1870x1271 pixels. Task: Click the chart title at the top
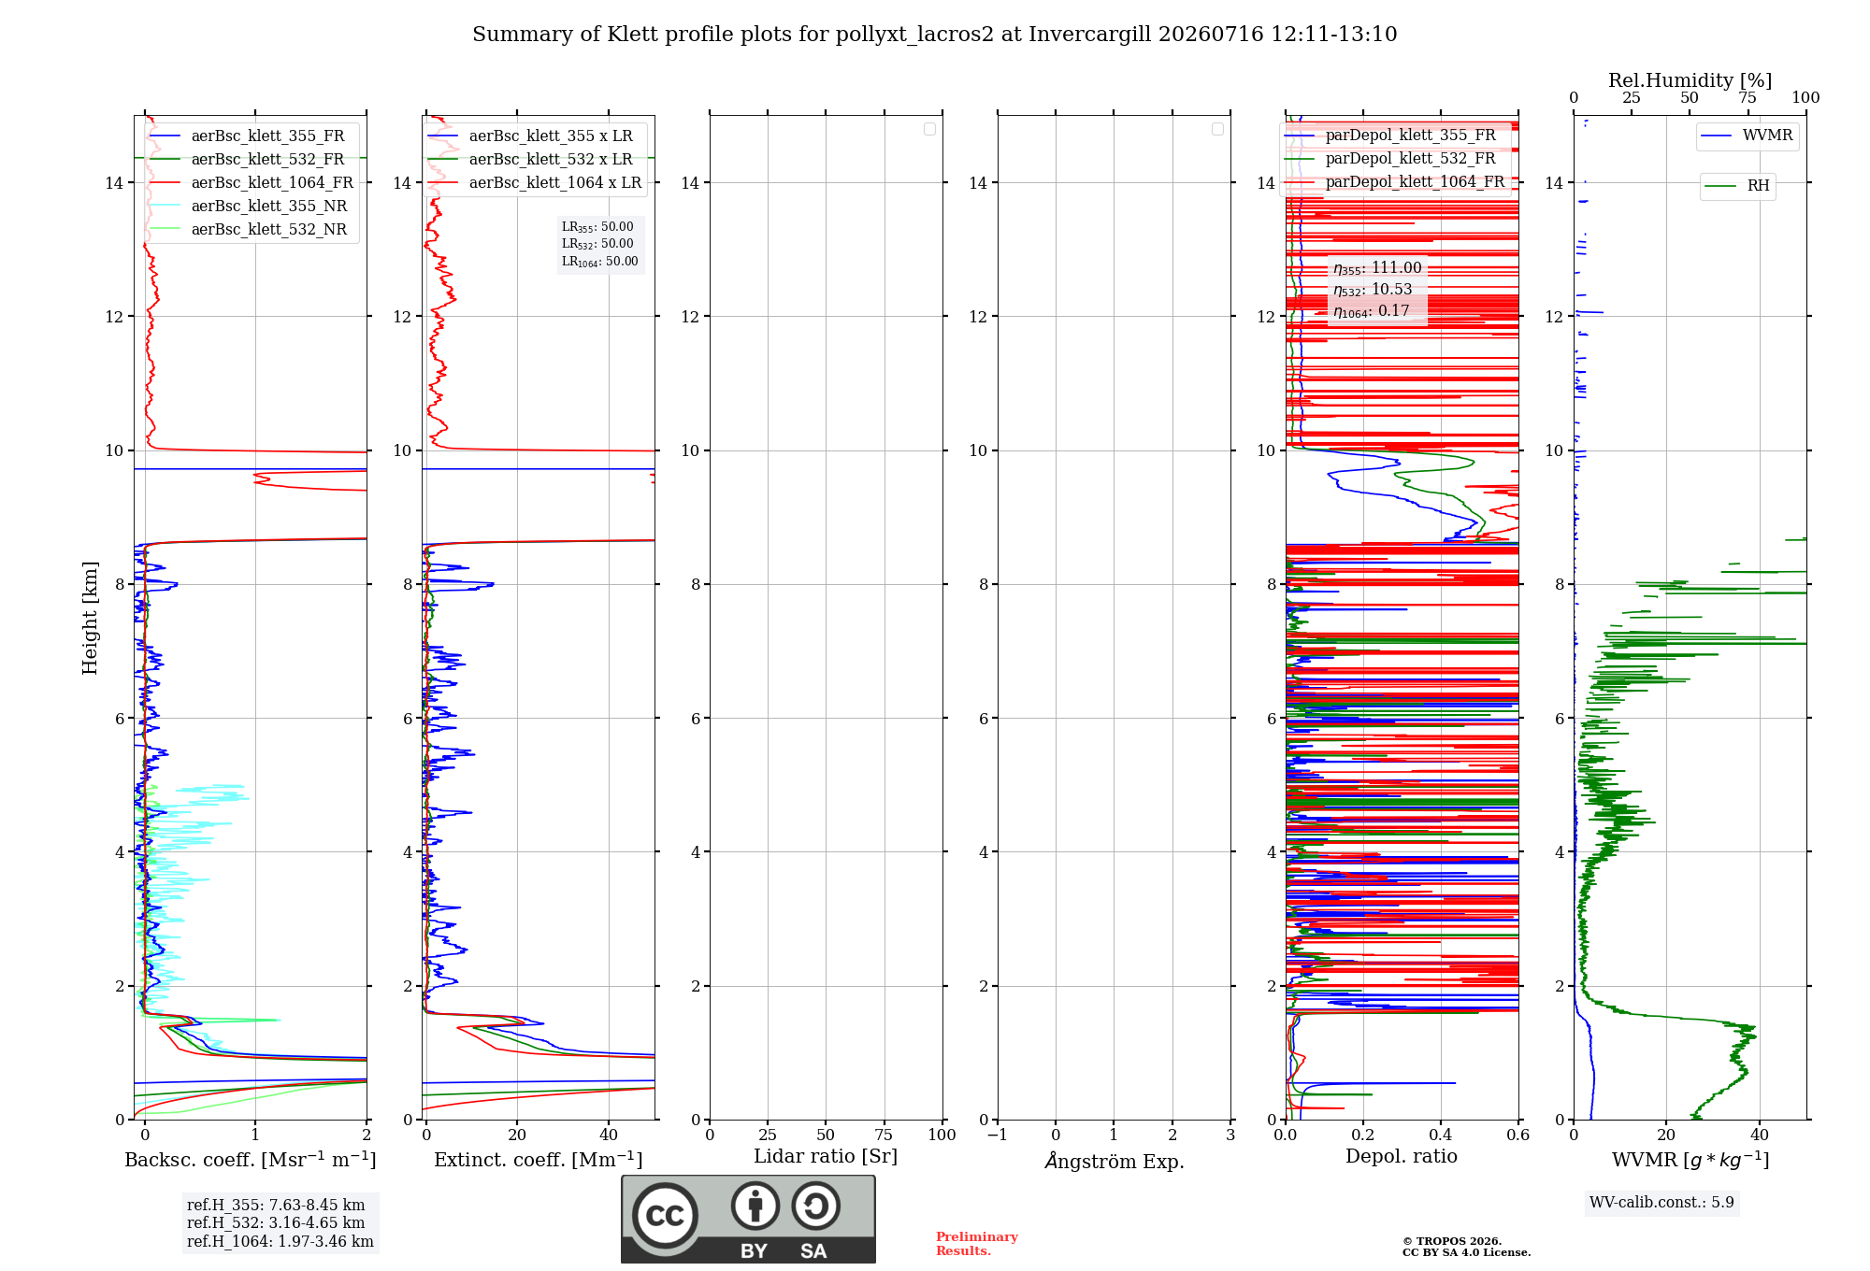pos(934,35)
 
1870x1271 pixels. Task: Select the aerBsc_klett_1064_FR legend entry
pos(252,182)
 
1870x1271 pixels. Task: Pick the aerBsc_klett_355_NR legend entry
pos(249,206)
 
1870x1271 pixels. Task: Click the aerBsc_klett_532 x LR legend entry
pos(531,159)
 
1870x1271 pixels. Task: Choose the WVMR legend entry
pos(1748,136)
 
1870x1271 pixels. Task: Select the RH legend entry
pos(1737,185)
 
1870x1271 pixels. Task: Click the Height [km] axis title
pos(90,618)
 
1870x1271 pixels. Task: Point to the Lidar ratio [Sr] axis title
pos(826,1157)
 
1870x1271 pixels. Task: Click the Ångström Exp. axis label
pos(1115,1160)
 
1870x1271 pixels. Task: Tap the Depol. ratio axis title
pos(1402,1156)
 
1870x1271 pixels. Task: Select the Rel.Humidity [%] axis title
pos(1690,80)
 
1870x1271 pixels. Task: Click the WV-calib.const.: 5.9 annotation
pos(1661,1203)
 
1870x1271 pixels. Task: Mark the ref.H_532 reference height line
pos(276,1222)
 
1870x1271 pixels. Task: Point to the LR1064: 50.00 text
pos(600,262)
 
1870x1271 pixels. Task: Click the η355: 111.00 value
pos(1377,268)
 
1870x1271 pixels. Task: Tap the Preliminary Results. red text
pos(977,1244)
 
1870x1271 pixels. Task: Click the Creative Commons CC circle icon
pos(665,1216)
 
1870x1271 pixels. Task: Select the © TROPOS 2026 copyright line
pos(1452,1241)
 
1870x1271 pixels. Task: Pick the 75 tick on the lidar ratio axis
pos(884,1135)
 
